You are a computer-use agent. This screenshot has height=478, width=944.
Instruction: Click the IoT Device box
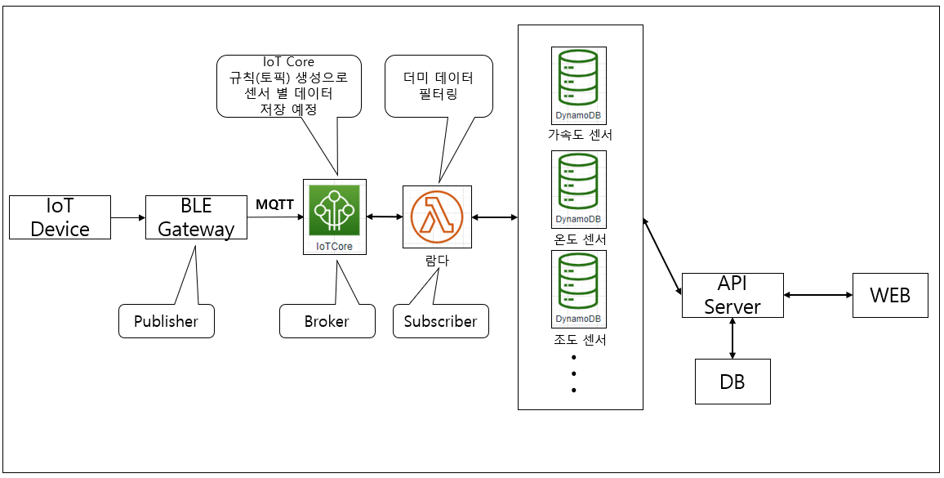point(60,217)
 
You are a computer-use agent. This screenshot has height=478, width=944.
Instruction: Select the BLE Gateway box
point(196,217)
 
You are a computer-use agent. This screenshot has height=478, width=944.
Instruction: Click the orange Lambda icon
point(436,217)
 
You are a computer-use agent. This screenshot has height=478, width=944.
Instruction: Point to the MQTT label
point(274,203)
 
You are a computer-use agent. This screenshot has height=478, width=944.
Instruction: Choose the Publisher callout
point(166,321)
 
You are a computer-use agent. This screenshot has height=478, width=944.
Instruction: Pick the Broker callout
point(327,321)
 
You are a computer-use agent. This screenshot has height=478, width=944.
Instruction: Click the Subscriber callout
point(440,321)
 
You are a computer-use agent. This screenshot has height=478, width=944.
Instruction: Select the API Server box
point(732,295)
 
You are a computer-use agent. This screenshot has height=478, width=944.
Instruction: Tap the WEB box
point(890,295)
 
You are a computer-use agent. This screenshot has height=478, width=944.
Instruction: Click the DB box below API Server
point(732,382)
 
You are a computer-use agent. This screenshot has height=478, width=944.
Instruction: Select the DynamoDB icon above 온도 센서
point(578,188)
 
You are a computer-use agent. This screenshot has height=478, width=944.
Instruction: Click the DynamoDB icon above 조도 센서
point(578,288)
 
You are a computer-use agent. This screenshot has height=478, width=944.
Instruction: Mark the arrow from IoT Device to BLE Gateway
point(128,217)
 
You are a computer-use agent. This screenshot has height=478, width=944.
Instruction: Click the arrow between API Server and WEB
point(817,295)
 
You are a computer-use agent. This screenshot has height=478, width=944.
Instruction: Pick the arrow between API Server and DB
point(732,338)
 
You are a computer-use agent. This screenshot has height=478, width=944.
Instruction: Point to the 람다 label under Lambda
point(438,261)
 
